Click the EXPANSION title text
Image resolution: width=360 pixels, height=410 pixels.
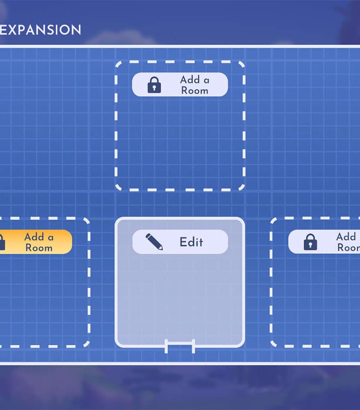(41, 30)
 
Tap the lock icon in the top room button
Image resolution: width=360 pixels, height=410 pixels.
(154, 85)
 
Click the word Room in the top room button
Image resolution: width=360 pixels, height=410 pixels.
(194, 90)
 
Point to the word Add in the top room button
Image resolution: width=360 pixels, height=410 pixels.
(190, 80)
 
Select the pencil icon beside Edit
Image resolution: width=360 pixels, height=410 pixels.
(154, 241)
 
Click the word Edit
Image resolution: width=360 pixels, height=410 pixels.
(191, 242)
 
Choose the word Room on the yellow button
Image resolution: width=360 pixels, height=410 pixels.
(39, 248)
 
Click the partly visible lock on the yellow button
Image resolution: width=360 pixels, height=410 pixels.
(2, 242)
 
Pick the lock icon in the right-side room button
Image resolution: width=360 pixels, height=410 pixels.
(310, 242)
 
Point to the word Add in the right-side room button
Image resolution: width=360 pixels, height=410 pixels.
(346, 237)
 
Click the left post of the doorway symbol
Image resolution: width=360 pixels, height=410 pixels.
(167, 346)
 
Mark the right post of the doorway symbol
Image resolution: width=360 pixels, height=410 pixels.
(193, 346)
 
